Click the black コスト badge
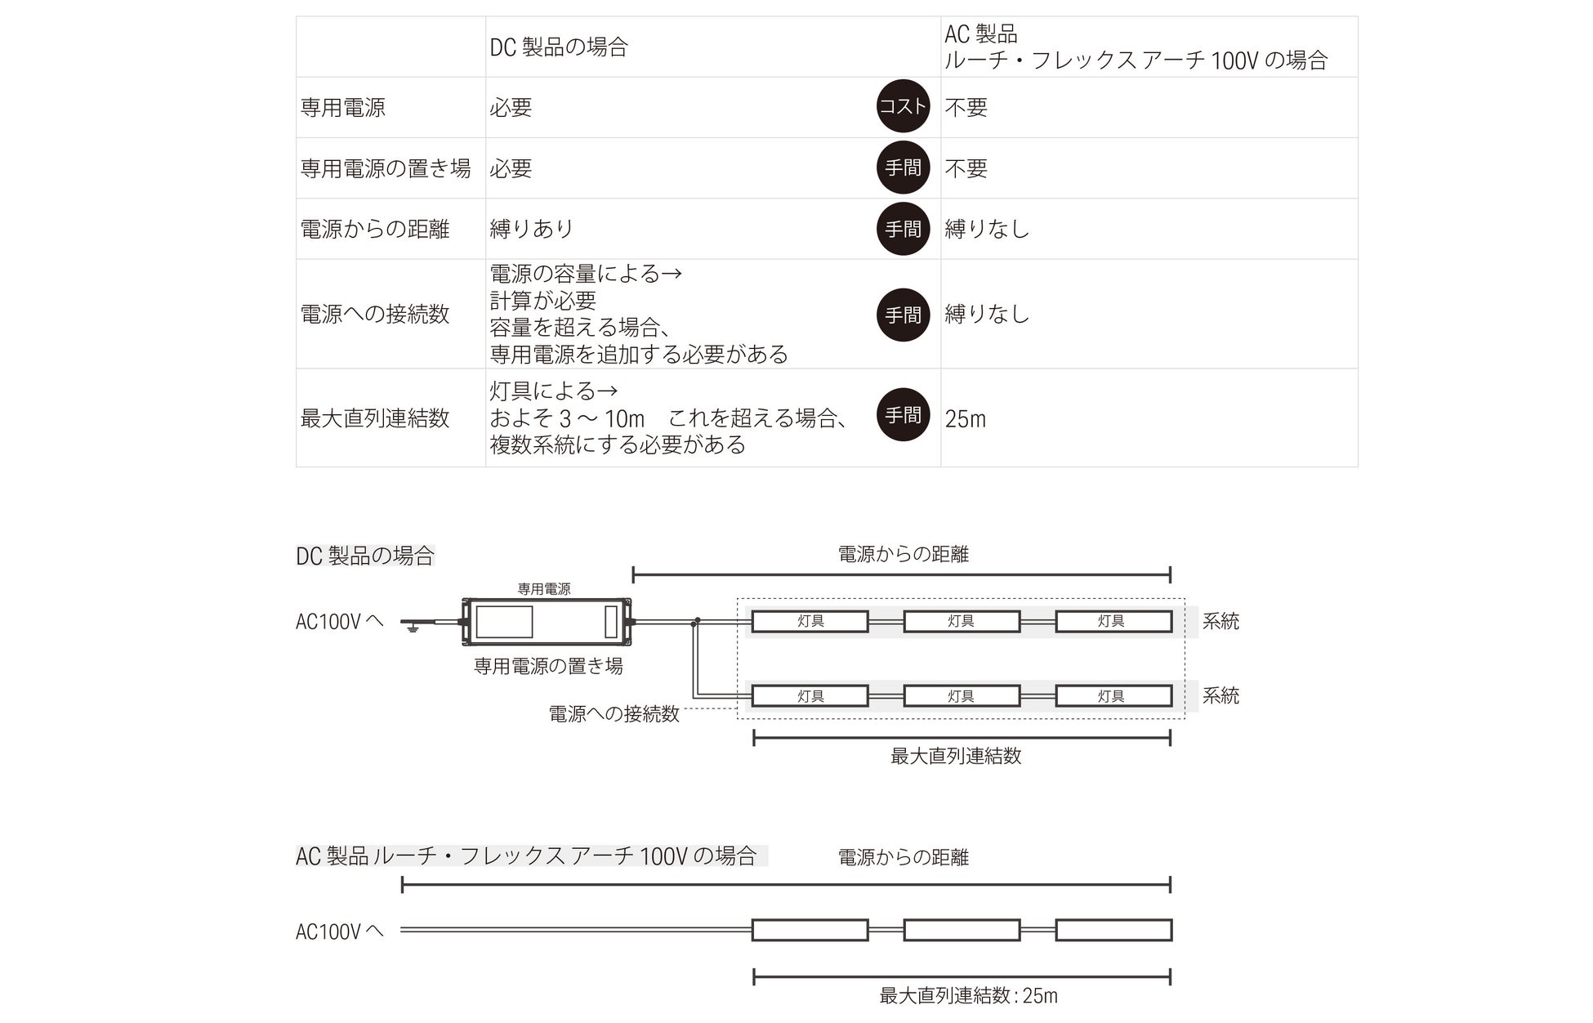(903, 106)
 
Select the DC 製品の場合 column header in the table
(559, 47)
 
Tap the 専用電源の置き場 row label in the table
(386, 168)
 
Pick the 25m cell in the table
(966, 419)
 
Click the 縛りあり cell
(532, 229)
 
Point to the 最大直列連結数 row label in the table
(375, 418)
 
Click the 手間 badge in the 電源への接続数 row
(903, 315)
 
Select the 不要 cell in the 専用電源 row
(966, 107)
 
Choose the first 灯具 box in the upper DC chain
(810, 622)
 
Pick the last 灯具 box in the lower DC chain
(1113, 696)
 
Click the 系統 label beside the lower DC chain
(1220, 696)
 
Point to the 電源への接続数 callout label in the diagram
(614, 714)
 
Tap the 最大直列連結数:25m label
(968, 996)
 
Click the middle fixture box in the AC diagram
(962, 930)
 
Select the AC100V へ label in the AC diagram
(339, 931)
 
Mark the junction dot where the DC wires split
(697, 621)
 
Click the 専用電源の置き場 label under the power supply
(548, 666)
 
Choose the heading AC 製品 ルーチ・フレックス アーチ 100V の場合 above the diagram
(527, 856)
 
